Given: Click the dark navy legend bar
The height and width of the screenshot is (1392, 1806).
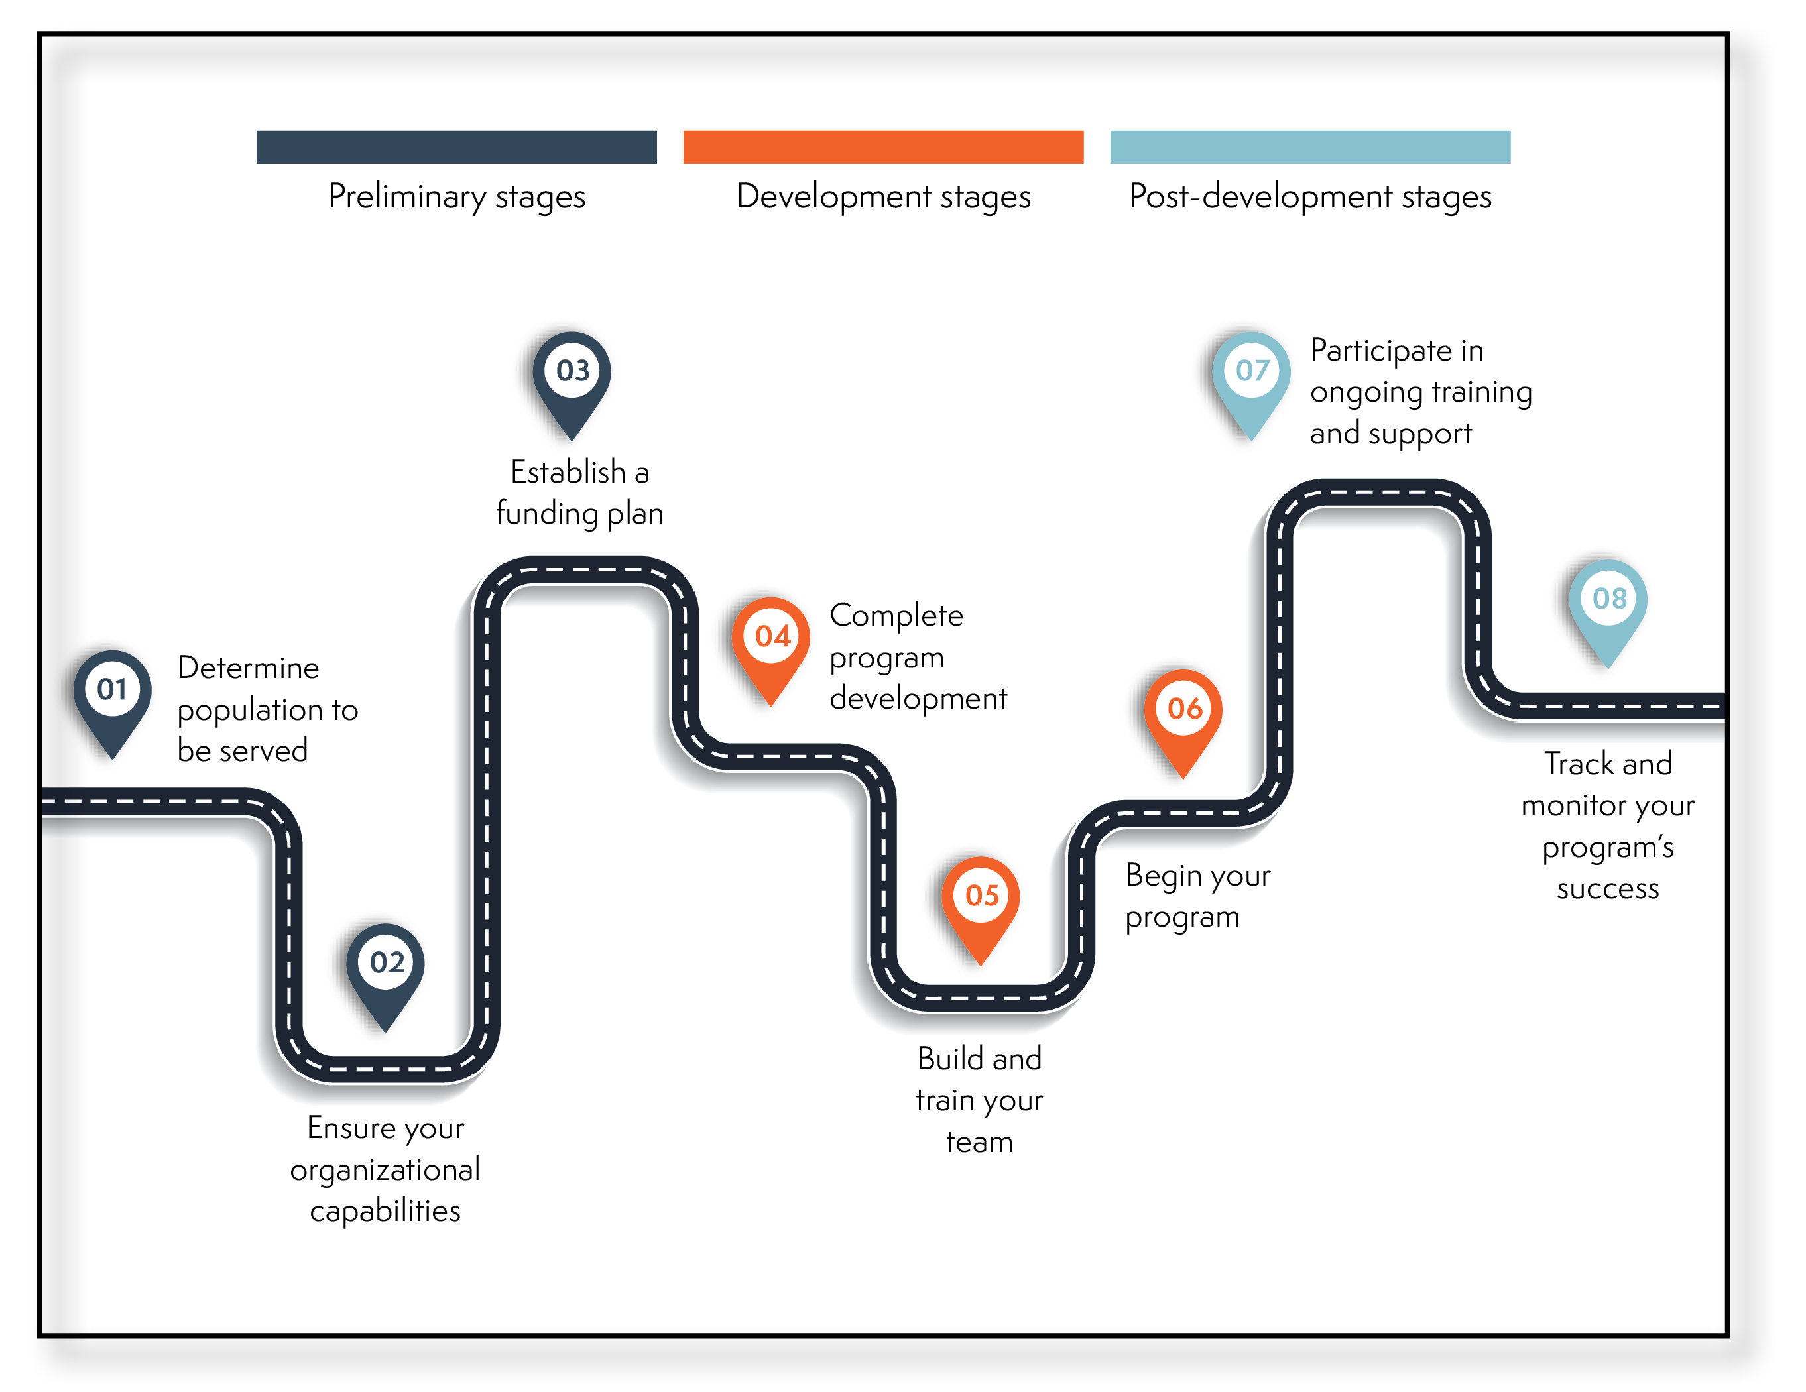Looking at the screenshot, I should pos(456,146).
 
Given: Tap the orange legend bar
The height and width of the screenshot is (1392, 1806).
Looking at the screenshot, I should pos(883,146).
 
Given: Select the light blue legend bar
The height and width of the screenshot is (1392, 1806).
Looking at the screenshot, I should pos(1310,146).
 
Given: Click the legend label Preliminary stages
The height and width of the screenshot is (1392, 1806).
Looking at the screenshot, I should pos(456,197).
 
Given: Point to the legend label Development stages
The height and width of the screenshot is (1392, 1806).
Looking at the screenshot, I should pos(883,197).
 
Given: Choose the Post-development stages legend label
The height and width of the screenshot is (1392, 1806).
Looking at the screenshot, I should pos(1310,197).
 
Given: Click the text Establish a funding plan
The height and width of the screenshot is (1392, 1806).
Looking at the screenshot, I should pos(579,493).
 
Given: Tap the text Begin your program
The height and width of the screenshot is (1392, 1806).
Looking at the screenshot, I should pos(1197,896).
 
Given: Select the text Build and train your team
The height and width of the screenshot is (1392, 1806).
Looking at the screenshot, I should pos(980,1100).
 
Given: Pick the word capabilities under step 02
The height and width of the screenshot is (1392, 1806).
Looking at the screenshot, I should pos(385,1211).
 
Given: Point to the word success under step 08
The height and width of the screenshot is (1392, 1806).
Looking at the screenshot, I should pos(1608,889).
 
